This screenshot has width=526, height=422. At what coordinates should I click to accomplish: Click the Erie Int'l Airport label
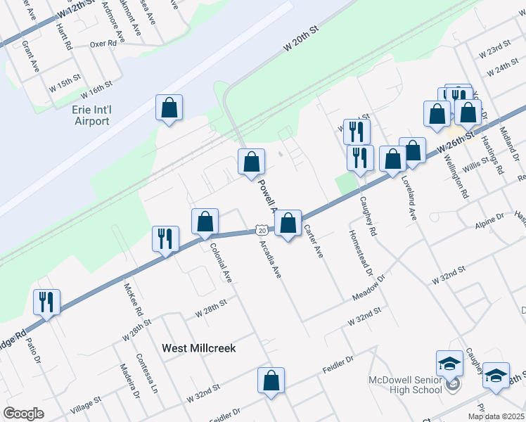tap(91, 115)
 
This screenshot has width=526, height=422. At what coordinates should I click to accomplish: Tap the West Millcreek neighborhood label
tap(198, 347)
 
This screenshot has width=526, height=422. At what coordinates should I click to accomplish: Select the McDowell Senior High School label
tap(406, 385)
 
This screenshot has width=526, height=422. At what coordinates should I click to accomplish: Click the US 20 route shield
tap(261, 230)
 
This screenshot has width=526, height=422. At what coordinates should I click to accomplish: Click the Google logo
tap(23, 414)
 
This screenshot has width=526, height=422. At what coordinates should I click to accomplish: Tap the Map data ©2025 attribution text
tap(496, 416)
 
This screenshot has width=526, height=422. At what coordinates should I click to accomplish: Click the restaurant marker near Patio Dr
tap(46, 302)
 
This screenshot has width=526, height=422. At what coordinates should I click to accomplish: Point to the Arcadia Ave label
tap(271, 257)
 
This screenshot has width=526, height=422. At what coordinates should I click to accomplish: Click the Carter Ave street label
tap(313, 241)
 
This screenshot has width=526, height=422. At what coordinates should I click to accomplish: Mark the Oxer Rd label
tap(103, 43)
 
